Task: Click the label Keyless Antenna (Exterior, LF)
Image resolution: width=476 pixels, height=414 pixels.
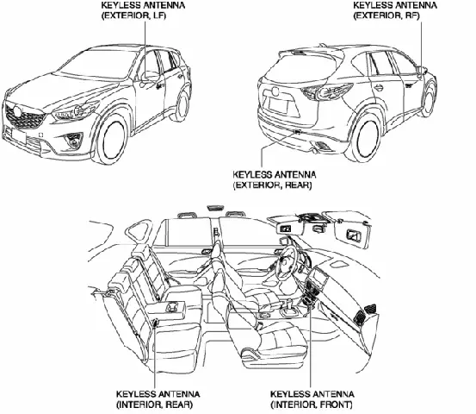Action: [143, 10]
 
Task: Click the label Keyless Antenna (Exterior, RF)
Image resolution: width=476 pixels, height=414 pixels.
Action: [395, 10]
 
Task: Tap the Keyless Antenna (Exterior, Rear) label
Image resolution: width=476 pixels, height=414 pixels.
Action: [274, 179]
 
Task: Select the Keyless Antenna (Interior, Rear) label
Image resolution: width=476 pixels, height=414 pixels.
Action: [158, 399]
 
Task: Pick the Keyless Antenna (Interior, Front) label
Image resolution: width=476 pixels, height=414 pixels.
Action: [312, 399]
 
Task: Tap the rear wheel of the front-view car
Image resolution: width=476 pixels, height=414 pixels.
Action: [182, 104]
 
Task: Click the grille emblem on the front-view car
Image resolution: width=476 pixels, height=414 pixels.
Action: [17, 111]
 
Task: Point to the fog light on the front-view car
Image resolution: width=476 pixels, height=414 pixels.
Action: [74, 141]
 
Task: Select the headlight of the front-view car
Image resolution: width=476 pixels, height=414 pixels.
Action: [75, 111]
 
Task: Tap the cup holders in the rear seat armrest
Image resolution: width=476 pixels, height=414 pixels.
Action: [173, 306]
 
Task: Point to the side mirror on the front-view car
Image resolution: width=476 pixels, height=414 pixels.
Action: [145, 78]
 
